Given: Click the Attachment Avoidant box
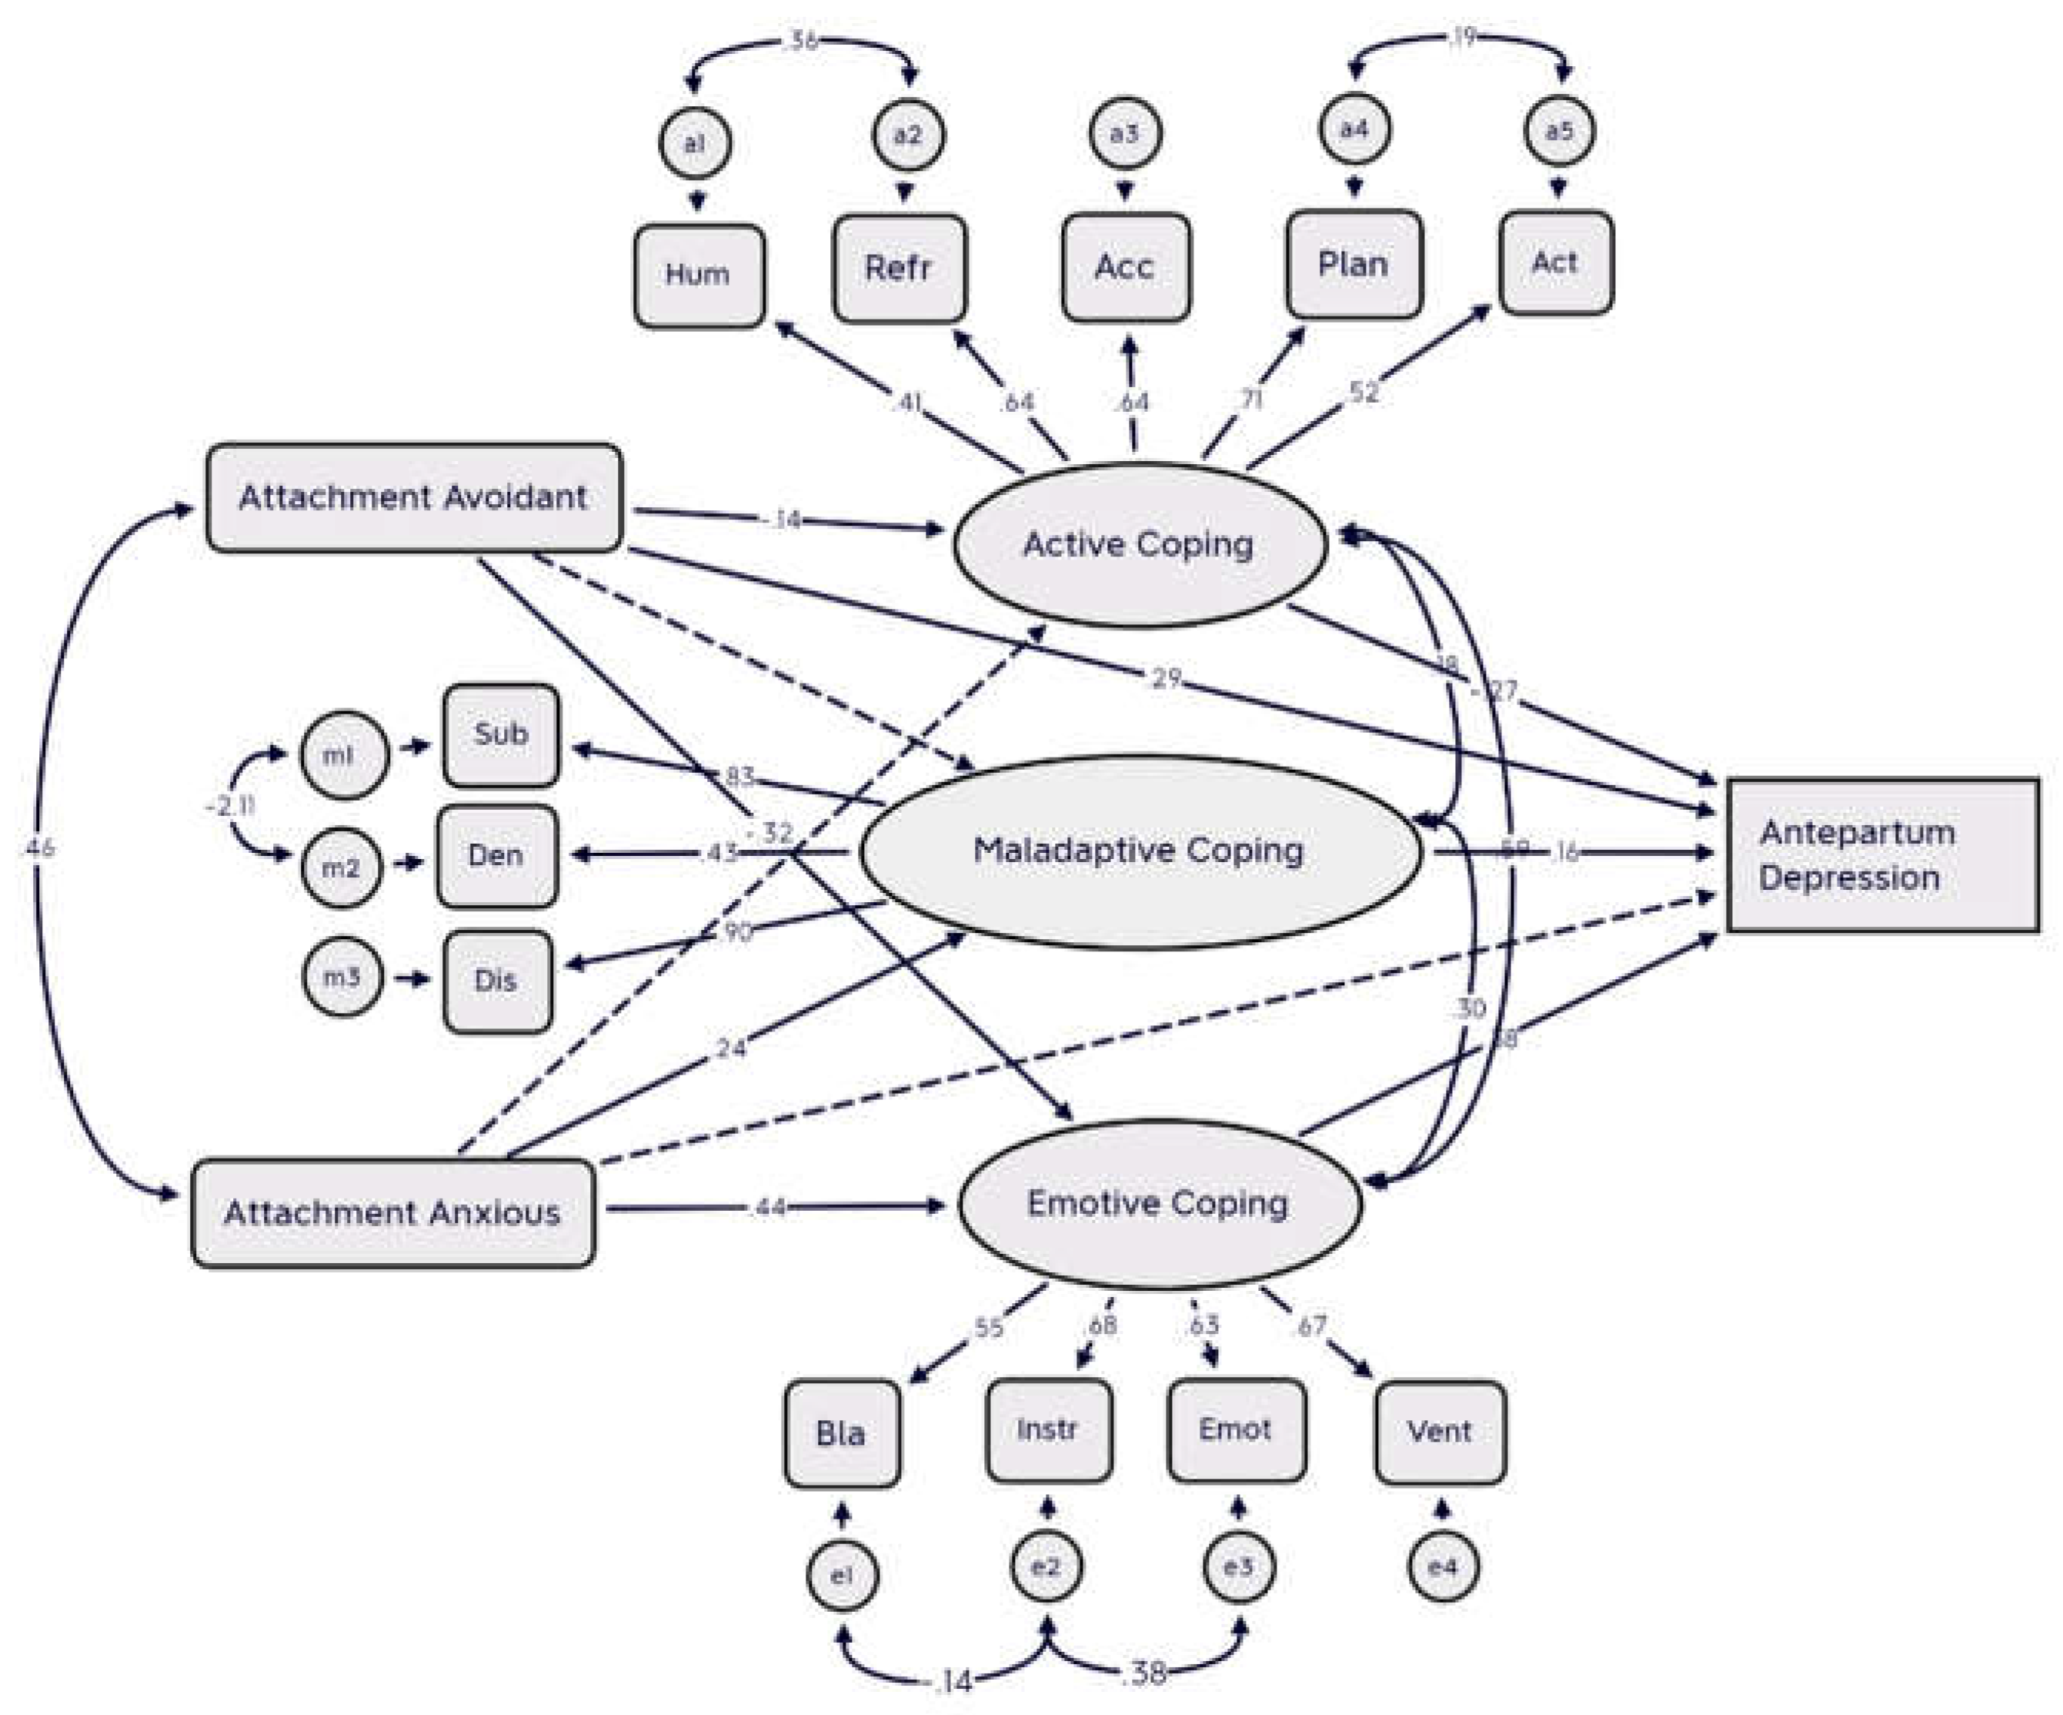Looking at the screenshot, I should pyautogui.click(x=413, y=497).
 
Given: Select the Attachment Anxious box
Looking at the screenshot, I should pyautogui.click(x=393, y=1213).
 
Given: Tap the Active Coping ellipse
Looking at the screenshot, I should pyautogui.click(x=1140, y=543).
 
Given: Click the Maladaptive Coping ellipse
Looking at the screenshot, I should pyautogui.click(x=1140, y=851).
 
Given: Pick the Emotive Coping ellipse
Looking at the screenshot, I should pyautogui.click(x=1159, y=1204).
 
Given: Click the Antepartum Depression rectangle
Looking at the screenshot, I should pyautogui.click(x=1882, y=854).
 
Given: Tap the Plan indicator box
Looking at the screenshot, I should pyautogui.click(x=1354, y=264).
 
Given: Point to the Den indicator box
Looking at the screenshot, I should pyautogui.click(x=497, y=856).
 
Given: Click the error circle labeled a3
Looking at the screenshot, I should pyautogui.click(x=1125, y=132).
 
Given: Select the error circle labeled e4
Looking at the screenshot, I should pyautogui.click(x=1442, y=1566).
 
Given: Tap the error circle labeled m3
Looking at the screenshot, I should pyautogui.click(x=341, y=977).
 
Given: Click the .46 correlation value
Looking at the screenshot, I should pyautogui.click(x=38, y=847).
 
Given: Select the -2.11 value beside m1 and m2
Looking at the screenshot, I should pyautogui.click(x=230, y=807).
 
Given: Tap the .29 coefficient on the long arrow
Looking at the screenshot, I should pyautogui.click(x=1164, y=678).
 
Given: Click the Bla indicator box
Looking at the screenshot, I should pyautogui.click(x=842, y=1434).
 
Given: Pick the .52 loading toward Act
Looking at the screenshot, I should pyautogui.click(x=1363, y=392).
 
